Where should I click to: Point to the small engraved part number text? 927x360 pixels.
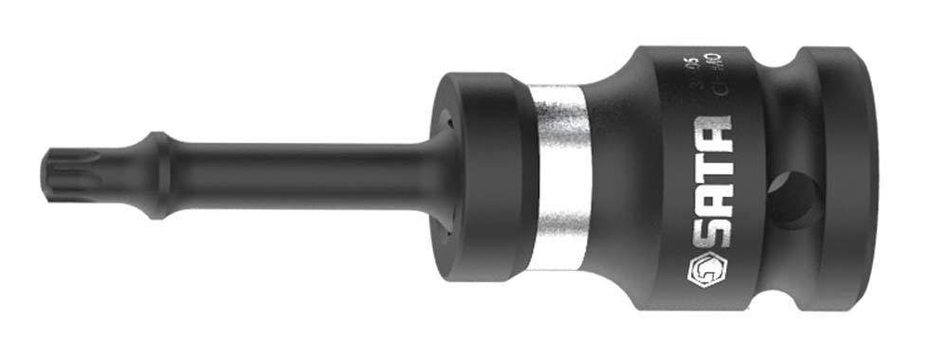(x=701, y=74)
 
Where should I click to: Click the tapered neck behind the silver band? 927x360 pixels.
(x=607, y=175)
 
